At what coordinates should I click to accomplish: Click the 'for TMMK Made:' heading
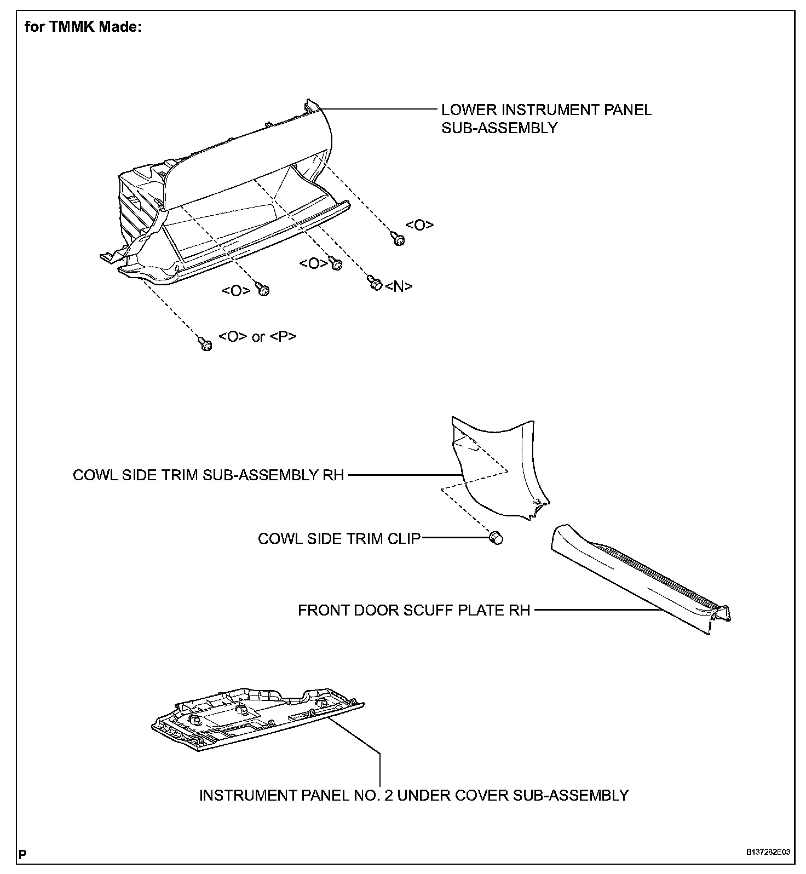(x=83, y=27)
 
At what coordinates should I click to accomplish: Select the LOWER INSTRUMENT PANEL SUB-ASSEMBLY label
(x=546, y=118)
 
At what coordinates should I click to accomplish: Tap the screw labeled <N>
(x=375, y=283)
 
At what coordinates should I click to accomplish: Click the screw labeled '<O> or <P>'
(x=206, y=344)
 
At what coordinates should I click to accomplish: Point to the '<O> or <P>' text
(x=257, y=336)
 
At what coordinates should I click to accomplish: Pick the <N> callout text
(x=399, y=286)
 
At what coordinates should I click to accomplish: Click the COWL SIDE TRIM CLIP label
(x=339, y=539)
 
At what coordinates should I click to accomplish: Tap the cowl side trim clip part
(x=496, y=538)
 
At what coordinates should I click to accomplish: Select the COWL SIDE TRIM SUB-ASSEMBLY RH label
(x=208, y=475)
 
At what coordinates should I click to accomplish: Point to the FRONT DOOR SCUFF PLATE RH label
(x=414, y=610)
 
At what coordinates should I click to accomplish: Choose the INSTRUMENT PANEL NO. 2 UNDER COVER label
(x=413, y=795)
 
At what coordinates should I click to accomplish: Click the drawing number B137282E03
(x=767, y=852)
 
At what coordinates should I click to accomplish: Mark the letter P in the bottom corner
(x=22, y=853)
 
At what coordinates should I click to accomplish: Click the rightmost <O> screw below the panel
(x=399, y=239)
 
